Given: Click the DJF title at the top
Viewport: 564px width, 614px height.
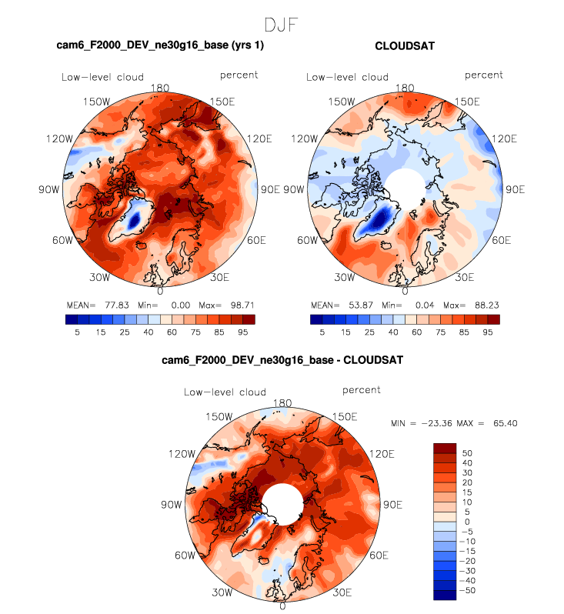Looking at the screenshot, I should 282,25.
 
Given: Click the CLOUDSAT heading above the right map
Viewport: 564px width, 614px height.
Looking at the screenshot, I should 404,46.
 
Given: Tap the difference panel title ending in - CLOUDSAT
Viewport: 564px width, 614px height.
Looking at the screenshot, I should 282,359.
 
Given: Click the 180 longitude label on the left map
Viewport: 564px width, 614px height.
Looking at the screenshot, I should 161,88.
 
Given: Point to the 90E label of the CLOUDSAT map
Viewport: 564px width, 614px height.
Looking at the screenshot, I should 513,189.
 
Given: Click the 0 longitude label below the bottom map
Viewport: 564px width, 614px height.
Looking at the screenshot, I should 282,606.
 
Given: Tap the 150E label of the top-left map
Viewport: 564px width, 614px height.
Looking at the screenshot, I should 225,102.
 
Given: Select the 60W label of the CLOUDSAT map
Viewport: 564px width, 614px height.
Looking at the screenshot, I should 306,241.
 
